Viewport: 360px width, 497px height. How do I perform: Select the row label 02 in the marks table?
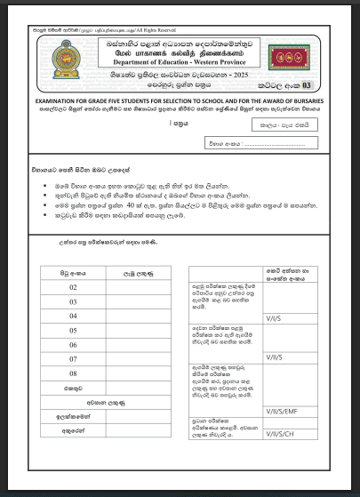pyautogui.click(x=73, y=287)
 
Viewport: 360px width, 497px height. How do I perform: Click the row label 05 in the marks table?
pyautogui.click(x=73, y=330)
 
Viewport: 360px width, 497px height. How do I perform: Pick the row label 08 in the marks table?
pyautogui.click(x=73, y=373)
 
